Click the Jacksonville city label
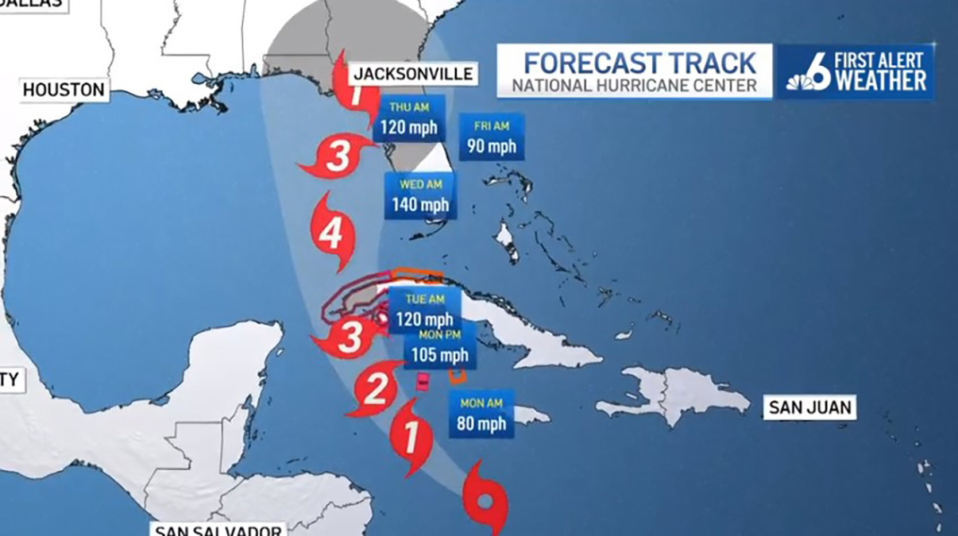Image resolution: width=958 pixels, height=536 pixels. [413, 74]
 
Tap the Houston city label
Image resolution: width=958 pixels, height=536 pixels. [64, 90]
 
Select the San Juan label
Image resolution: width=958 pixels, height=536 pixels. [809, 408]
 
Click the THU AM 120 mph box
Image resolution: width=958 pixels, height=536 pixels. [408, 119]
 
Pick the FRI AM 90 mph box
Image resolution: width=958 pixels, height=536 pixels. [491, 137]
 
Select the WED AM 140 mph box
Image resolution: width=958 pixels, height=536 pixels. [420, 197]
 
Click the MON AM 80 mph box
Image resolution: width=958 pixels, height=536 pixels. [481, 415]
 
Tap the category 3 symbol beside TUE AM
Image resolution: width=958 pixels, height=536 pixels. [348, 337]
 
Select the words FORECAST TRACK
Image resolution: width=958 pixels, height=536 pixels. [639, 62]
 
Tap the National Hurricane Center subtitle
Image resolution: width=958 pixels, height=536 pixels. [635, 86]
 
